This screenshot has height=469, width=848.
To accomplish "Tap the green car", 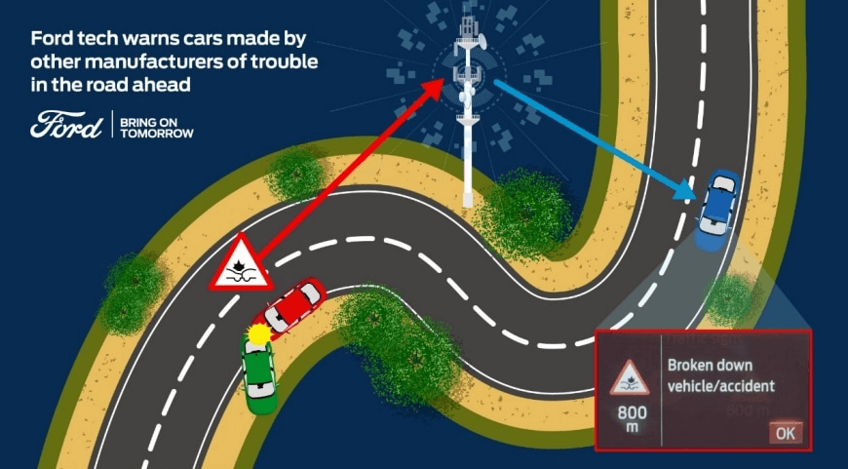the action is (x=259, y=374).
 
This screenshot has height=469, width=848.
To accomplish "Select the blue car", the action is (x=716, y=210).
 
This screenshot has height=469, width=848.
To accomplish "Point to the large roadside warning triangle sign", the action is (x=241, y=263).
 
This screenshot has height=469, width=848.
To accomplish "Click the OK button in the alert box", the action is (x=786, y=433).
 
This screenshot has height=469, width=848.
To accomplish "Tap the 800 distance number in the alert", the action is (x=633, y=413).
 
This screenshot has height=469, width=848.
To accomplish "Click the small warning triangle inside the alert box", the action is (x=630, y=377).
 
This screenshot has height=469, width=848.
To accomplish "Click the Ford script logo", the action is (x=66, y=125).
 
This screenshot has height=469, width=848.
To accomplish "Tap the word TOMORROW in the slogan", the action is (x=157, y=133).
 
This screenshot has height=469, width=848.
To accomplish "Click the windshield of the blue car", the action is (x=724, y=184).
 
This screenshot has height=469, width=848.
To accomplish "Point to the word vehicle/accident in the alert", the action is (x=721, y=386).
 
